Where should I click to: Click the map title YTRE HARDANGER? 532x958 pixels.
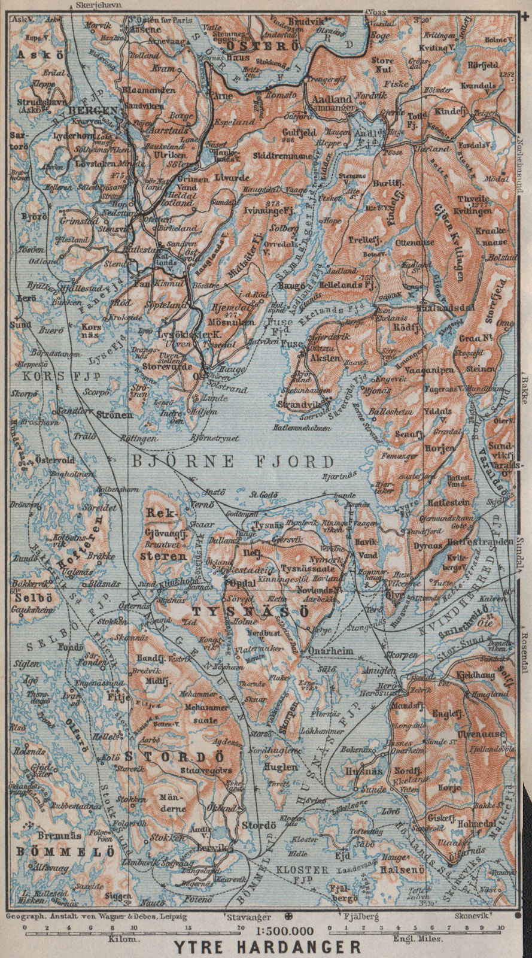267,948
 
